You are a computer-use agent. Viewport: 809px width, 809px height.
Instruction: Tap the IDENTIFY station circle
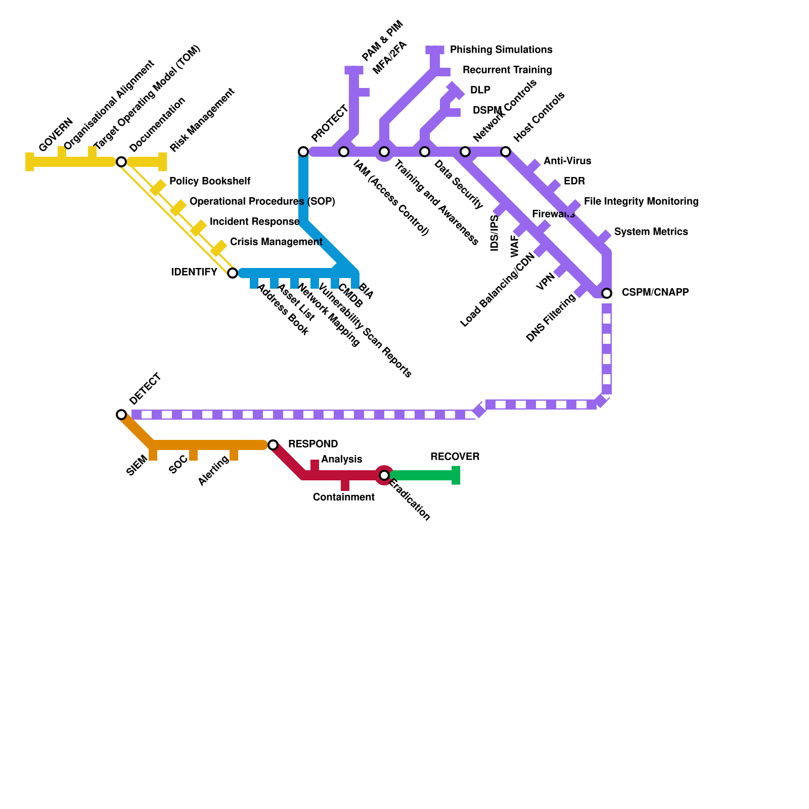[233, 273]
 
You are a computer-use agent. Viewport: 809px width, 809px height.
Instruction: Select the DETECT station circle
[121, 415]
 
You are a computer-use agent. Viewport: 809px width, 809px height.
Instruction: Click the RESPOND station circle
[273, 445]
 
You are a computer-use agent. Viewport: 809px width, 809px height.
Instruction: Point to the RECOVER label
[455, 457]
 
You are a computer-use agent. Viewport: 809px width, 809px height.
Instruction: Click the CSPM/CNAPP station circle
[607, 293]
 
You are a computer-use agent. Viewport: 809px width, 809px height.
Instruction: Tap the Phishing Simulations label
[501, 50]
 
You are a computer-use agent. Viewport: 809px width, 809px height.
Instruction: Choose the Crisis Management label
[276, 242]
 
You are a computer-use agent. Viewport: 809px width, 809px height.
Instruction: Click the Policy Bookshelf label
[209, 181]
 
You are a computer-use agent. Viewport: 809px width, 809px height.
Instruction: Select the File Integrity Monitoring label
[641, 202]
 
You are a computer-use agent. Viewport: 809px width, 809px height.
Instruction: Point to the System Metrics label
[651, 232]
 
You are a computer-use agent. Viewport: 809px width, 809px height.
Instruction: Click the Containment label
[343, 498]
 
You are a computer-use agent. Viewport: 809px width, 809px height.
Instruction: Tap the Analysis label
[341, 459]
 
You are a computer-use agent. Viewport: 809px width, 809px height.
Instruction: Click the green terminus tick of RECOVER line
[456, 475]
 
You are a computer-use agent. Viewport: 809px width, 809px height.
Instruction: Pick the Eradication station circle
[384, 475]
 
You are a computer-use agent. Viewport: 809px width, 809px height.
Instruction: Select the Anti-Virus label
[567, 161]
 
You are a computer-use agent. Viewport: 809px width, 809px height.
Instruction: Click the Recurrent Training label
[507, 70]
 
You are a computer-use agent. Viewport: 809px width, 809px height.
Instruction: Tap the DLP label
[480, 91]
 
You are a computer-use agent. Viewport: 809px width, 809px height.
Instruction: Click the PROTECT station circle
[303, 152]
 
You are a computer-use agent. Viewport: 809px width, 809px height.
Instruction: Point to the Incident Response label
[254, 222]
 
